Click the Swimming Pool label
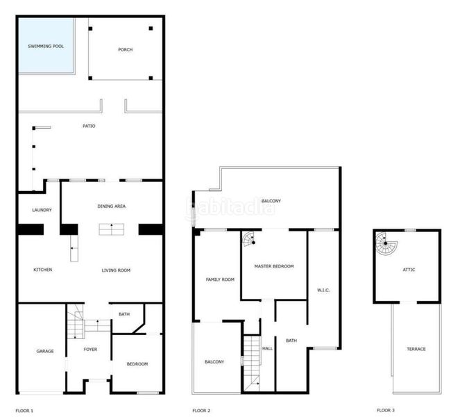[x=46, y=46]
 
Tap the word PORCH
[x=126, y=49]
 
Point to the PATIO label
[x=89, y=126]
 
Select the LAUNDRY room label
[x=42, y=210]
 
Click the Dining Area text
[x=112, y=206]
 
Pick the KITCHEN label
[x=43, y=270]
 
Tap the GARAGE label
[x=45, y=351]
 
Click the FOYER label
[x=90, y=350]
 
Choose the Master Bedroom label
[x=274, y=266]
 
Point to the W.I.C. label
[x=323, y=290]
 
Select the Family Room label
[x=220, y=279]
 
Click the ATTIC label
[x=409, y=270]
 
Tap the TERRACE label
[x=416, y=349]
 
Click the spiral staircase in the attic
[x=386, y=244]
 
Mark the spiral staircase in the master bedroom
[x=249, y=238]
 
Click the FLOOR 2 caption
[x=201, y=411]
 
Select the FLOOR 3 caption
[x=386, y=410]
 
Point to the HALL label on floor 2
[x=267, y=348]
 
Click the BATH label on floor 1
[x=124, y=314]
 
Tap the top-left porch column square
[x=90, y=28]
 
